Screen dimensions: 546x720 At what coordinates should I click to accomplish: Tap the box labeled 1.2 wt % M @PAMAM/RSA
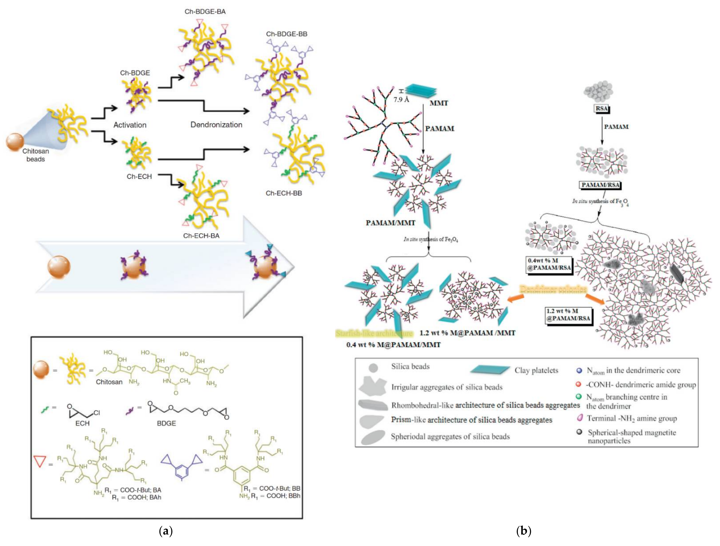(x=568, y=315)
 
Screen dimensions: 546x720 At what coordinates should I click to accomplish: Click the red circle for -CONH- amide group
(x=578, y=384)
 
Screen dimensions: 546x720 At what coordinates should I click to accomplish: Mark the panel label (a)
(x=166, y=531)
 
